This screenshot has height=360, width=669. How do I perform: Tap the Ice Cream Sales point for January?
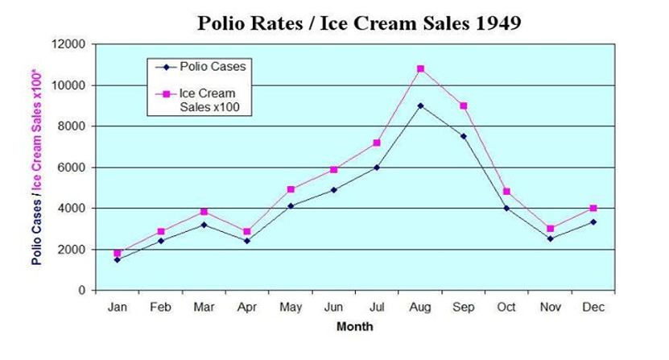118,253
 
